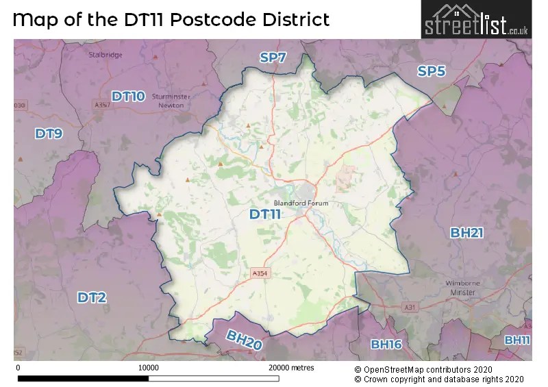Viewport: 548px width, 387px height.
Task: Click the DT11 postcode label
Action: tap(265, 214)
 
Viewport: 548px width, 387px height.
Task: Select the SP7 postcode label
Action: tap(273, 58)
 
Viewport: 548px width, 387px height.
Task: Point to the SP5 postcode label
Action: tap(432, 71)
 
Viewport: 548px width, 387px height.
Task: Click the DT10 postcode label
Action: tap(128, 97)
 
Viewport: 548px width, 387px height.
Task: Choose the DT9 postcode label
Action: tap(49, 134)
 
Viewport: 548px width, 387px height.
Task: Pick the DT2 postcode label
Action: tap(92, 297)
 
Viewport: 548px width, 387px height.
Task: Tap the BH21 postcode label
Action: tap(466, 233)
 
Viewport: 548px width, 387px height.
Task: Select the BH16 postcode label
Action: tap(386, 344)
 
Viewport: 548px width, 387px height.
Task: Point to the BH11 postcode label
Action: tap(517, 340)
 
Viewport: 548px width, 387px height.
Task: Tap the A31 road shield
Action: tap(410, 308)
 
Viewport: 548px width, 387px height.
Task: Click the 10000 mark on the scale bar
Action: tap(149, 368)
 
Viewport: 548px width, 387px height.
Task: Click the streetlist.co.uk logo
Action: tap(477, 20)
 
